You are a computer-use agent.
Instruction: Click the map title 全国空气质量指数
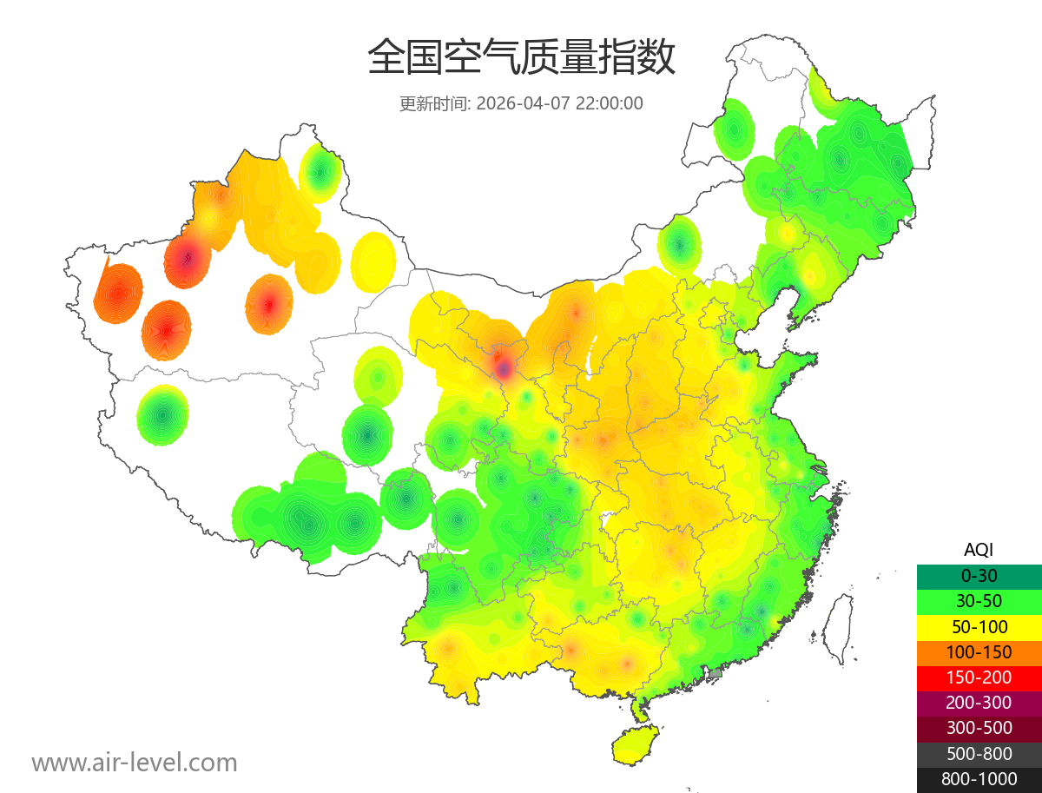[521, 59]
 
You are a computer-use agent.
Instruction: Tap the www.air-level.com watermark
[135, 763]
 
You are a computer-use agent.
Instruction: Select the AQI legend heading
[979, 549]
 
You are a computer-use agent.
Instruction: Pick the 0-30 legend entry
[979, 576]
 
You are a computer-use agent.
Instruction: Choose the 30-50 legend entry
[979, 601]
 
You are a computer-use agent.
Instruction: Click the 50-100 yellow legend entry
[979, 626]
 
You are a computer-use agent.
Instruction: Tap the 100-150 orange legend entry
[979, 652]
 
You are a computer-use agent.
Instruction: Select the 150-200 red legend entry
[979, 677]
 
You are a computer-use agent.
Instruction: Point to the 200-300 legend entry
[979, 703]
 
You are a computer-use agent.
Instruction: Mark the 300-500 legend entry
[979, 728]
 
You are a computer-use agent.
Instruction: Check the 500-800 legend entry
[979, 754]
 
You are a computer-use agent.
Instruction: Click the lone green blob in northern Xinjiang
[320, 172]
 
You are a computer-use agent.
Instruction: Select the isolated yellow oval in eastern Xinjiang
[374, 261]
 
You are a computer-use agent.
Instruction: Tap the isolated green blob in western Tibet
[162, 415]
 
